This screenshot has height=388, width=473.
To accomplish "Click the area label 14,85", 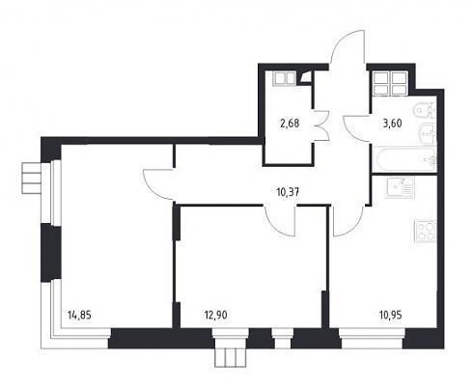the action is pyautogui.click(x=79, y=315).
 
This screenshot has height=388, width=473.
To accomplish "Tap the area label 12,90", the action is pyautogui.click(x=215, y=315).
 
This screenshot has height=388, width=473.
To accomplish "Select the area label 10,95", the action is pyautogui.click(x=390, y=315).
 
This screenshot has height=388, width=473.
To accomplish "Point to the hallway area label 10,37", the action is pyautogui.click(x=288, y=192).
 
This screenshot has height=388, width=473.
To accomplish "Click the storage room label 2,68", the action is pyautogui.click(x=290, y=124).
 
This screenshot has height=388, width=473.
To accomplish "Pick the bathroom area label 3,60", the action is pyautogui.click(x=392, y=124).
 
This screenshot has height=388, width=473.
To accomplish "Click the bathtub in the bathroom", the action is pyautogui.click(x=404, y=159).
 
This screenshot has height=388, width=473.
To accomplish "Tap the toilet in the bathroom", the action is pyautogui.click(x=424, y=111).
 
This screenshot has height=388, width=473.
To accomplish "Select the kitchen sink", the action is pyautogui.click(x=400, y=187).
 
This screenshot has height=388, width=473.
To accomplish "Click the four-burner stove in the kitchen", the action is pyautogui.click(x=425, y=231).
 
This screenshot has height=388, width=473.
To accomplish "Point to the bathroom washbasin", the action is pyautogui.click(x=428, y=133).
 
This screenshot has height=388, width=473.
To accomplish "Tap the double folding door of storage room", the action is pyautogui.click(x=321, y=125).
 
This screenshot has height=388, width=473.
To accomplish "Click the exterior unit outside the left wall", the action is pyautogui.click(x=32, y=179).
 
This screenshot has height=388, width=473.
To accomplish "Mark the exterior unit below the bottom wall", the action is pyautogui.click(x=231, y=357).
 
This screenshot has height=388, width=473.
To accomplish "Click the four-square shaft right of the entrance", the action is pyautogui.click(x=390, y=83).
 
